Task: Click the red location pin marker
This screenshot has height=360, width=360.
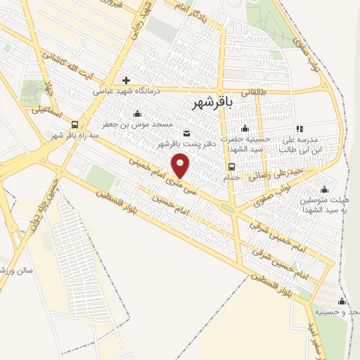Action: [x=182, y=165]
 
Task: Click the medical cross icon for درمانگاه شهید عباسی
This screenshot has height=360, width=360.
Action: [x=127, y=79]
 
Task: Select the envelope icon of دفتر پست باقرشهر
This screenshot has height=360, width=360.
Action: [x=186, y=134]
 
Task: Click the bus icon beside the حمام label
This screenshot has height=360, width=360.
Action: [x=231, y=167]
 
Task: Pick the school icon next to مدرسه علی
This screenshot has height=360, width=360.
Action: [x=300, y=129]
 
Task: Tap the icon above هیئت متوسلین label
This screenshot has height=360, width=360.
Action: [x=324, y=189]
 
